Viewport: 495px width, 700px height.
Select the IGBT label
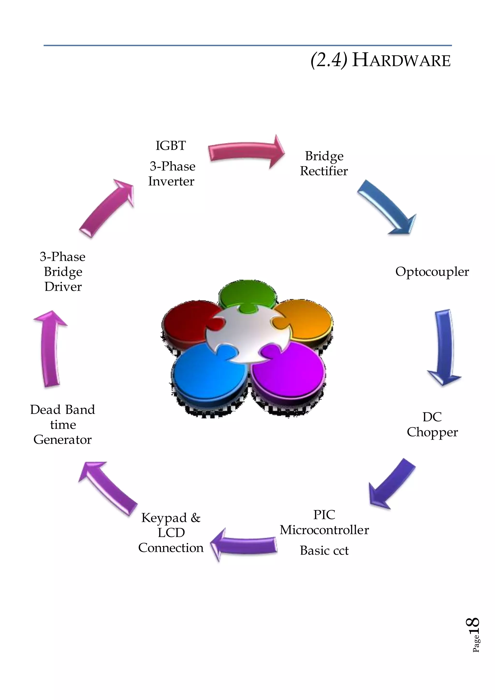click(171, 146)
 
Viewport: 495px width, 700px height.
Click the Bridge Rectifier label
click(324, 163)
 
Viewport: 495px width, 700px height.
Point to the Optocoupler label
click(432, 272)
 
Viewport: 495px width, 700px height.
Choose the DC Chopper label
click(432, 425)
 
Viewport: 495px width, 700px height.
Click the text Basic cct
click(324, 551)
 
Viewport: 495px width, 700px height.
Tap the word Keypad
click(164, 518)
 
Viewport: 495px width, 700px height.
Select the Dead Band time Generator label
click(63, 424)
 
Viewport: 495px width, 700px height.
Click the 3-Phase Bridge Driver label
click(63, 272)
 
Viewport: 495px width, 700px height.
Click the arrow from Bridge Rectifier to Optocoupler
click(386, 208)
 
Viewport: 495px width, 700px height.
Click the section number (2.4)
click(328, 60)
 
